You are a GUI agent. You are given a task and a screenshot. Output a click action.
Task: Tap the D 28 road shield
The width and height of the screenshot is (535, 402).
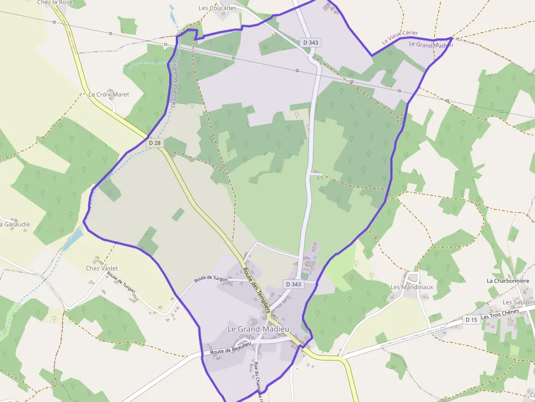155,142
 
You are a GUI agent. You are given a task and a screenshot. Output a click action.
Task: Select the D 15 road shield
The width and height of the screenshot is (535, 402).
471,320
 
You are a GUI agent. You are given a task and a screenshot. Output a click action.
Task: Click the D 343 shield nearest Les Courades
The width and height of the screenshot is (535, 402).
311,42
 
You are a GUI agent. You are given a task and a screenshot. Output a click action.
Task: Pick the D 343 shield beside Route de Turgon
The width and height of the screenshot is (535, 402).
293,284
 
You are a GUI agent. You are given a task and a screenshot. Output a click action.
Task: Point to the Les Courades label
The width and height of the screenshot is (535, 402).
217,8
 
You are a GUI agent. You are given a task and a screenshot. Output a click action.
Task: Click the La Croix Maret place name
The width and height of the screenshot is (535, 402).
109,94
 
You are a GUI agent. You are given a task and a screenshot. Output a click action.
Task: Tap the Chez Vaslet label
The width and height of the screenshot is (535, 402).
102,268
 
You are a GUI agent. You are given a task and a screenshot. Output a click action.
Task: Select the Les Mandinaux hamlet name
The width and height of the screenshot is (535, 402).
412,287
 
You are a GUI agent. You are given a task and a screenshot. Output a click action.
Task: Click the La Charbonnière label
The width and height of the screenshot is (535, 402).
508,281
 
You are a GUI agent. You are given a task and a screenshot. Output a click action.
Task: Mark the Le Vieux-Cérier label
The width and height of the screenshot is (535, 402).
400,37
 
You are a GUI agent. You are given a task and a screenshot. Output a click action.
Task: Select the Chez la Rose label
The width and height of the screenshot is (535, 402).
55,3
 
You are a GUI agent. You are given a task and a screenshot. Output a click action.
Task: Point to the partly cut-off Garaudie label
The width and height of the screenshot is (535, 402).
15,224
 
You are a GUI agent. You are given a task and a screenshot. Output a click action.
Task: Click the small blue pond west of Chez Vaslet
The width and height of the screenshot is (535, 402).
73,239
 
